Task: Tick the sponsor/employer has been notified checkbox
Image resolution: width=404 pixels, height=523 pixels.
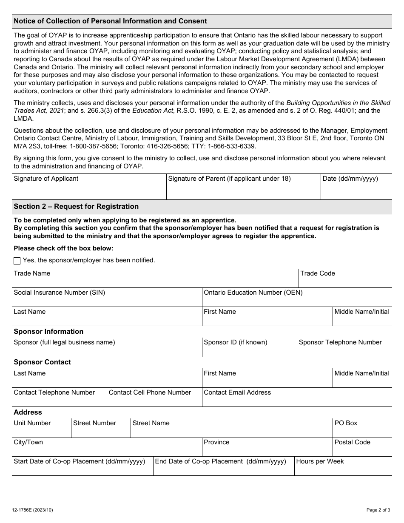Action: pyautogui.click(x=17, y=261)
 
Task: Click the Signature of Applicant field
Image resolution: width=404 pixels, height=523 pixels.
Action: pyautogui.click(x=89, y=190)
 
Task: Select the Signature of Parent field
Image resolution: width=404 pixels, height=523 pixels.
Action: pyautogui.click(x=243, y=190)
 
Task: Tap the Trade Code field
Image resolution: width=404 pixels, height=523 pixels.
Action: pyautogui.click(x=345, y=281)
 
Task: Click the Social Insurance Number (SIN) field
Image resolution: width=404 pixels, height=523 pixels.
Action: pyautogui.click(x=107, y=301)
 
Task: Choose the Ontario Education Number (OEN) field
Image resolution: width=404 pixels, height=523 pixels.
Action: pyautogui.click(x=296, y=301)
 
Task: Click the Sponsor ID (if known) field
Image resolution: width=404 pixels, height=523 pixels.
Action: pyautogui.click(x=249, y=351)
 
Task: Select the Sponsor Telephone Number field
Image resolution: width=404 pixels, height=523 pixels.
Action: pyautogui.click(x=344, y=351)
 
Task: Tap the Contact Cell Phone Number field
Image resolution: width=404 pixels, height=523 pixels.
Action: pyautogui.click(x=154, y=401)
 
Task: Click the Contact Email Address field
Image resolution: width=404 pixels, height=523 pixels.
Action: pyautogui.click(x=296, y=401)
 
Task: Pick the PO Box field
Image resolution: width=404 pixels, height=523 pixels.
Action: pyautogui.click(x=362, y=431)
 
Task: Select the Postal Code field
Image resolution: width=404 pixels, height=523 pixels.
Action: pyautogui.click(x=362, y=450)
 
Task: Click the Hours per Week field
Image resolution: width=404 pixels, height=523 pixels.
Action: pyautogui.click(x=343, y=469)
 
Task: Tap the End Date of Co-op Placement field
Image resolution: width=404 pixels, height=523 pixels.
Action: pyautogui.click(x=224, y=469)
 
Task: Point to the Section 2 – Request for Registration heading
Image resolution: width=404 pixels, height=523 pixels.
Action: pyautogui.click(x=76, y=207)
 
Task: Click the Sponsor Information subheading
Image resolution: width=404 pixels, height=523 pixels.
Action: pyautogui.click(x=48, y=332)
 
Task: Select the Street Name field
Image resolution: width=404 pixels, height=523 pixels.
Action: pyautogui.click(x=231, y=431)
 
